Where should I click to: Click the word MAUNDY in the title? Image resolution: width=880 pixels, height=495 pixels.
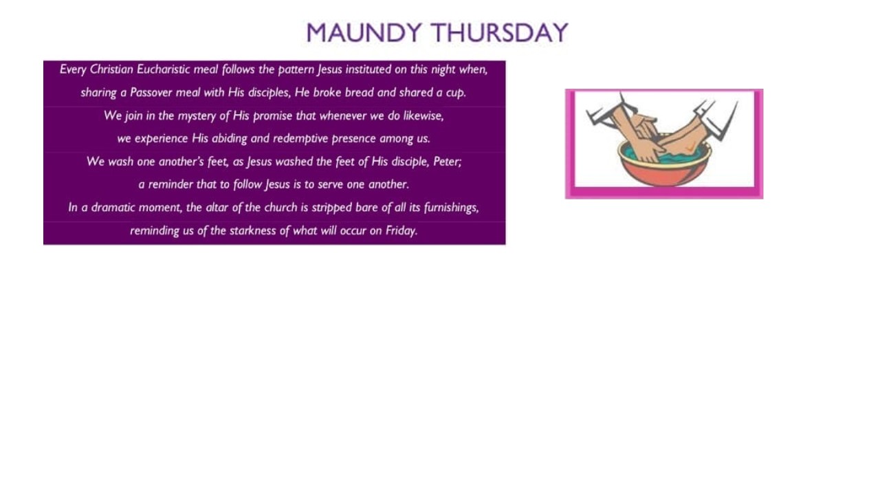(364, 32)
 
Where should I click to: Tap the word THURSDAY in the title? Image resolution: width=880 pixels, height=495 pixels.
(499, 32)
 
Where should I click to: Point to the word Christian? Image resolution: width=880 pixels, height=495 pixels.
(111, 69)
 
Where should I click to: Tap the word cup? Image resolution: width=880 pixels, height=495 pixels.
(456, 93)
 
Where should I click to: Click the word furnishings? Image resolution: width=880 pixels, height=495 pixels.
(452, 208)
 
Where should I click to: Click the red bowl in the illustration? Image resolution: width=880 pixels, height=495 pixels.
(664, 173)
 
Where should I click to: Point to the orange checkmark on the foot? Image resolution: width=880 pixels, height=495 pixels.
(690, 148)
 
